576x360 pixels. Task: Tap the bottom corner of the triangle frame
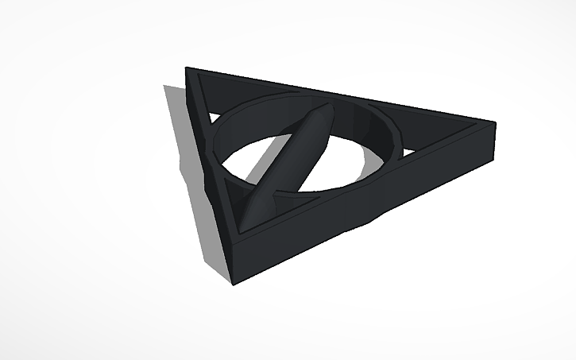pos(231,280)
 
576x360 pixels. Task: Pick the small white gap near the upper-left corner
pos(213,119)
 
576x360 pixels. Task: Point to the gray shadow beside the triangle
pos(195,183)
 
